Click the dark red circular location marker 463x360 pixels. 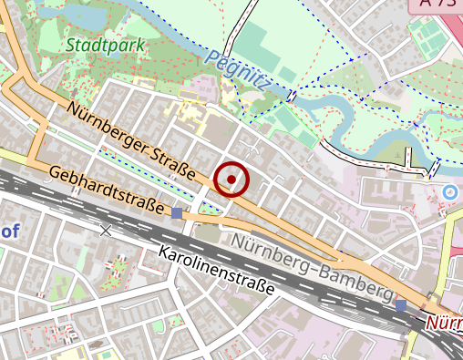click(232, 180)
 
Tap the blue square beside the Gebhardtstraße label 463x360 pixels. click(177, 213)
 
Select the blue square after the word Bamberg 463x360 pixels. click(401, 304)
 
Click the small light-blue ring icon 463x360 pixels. click(449, 192)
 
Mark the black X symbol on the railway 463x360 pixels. click(106, 231)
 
